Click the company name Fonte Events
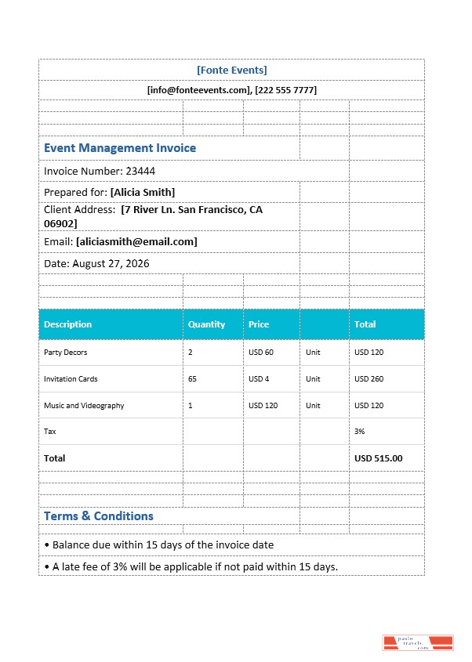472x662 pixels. tap(231, 70)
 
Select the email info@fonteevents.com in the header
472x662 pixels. tap(198, 90)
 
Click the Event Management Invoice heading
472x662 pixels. tap(120, 148)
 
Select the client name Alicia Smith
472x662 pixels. tap(143, 192)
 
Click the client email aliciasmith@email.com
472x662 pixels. tap(136, 241)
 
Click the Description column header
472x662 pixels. tap(67, 324)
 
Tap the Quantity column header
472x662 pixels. tap(206, 324)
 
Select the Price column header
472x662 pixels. tap(259, 324)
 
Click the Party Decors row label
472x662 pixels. tap(65, 353)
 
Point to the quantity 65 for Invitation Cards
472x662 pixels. tap(192, 379)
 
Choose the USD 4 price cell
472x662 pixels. tap(259, 379)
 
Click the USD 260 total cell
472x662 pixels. tap(369, 379)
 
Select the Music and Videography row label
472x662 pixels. tap(84, 406)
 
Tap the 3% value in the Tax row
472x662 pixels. tap(359, 432)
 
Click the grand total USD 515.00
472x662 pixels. tap(378, 458)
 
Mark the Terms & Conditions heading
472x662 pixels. tap(99, 515)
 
